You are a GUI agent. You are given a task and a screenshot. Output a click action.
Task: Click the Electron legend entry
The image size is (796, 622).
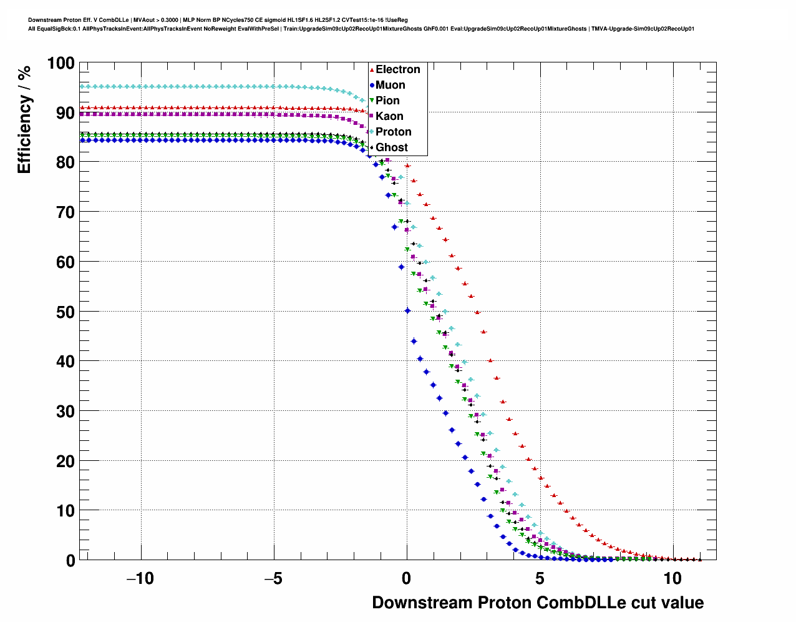coord(397,69)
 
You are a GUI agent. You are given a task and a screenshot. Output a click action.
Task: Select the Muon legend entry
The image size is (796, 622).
coord(390,85)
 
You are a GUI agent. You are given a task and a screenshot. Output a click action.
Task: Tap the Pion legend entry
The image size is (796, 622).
coord(387,101)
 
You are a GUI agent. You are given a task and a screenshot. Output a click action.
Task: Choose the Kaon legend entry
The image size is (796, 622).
coord(389,116)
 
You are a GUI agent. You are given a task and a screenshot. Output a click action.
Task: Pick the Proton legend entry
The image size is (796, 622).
coord(393,132)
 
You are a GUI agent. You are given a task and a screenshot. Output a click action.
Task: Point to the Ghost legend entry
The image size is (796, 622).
coord(391,147)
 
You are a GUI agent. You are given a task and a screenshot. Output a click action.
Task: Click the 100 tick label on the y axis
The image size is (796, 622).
coord(61,63)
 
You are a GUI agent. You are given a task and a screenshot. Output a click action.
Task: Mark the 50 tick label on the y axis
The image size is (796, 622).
coord(65,312)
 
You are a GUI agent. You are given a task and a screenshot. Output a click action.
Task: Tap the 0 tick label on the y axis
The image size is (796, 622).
coord(70,561)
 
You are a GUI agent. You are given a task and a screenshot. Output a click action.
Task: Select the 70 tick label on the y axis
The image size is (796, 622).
coord(65,212)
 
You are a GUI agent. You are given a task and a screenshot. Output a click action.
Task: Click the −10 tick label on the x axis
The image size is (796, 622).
coord(140,579)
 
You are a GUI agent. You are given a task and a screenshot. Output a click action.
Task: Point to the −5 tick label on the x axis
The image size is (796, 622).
coord(273,579)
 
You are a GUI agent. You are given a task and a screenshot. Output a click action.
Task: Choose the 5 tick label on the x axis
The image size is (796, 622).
coord(540,579)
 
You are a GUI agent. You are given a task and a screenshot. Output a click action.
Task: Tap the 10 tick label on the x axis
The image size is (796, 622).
coord(672,579)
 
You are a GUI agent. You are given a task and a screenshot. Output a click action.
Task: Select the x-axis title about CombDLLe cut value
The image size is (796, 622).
coord(538,603)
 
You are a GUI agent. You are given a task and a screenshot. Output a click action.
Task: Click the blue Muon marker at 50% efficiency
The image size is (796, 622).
coord(407,310)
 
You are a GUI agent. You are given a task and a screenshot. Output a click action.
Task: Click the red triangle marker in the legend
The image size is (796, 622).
coord(372,69)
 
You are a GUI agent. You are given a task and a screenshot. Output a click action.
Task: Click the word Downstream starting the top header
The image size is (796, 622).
coord(45,20)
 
